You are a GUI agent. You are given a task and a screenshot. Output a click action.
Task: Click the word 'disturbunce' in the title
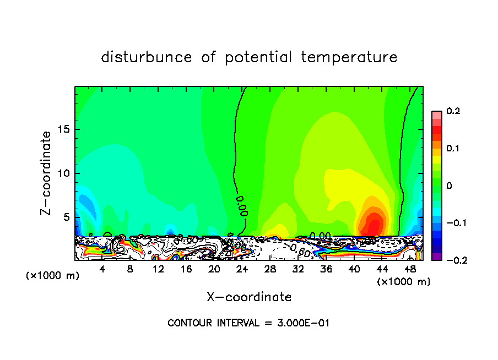tap(146, 57)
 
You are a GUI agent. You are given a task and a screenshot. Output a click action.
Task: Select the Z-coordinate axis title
tap(48, 173)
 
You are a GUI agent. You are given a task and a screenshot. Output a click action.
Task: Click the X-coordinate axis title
tap(249, 297)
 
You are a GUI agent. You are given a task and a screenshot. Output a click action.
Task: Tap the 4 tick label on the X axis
tap(102, 269)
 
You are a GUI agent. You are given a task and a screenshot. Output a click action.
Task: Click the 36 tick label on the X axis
tap(326, 269)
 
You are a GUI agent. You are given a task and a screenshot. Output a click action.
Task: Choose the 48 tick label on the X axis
tap(410, 269)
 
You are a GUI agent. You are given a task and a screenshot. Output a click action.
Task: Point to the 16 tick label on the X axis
tap(186, 269)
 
